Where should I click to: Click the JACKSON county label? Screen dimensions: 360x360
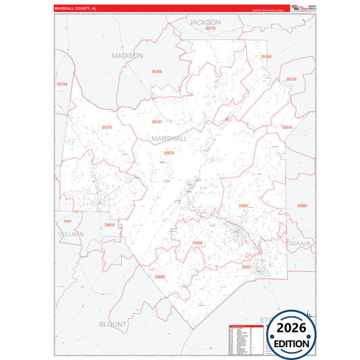coord(205,22)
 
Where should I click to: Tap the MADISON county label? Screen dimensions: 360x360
coord(128,55)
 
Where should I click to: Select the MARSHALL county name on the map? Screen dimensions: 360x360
coord(170,138)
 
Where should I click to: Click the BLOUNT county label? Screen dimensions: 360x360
coord(113,324)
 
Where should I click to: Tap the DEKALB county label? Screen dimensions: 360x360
coord(299,242)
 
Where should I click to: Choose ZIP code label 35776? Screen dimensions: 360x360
coord(211,28)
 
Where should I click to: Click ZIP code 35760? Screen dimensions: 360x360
coord(157,71)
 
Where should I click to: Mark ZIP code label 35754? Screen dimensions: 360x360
coord(62,84)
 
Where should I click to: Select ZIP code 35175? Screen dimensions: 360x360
coord(107,127)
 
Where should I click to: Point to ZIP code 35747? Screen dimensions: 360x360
coord(157,122)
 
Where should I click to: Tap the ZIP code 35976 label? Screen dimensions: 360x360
coord(169,153)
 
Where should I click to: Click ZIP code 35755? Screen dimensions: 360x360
coord(291,79)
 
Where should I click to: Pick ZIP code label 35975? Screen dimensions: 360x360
coord(287,127)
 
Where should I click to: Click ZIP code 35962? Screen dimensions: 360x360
coord(302,205)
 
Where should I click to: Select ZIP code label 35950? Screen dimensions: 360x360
coord(197,242)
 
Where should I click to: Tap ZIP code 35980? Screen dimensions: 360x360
coord(159,276)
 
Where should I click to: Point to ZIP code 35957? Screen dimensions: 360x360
coord(247,267)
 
